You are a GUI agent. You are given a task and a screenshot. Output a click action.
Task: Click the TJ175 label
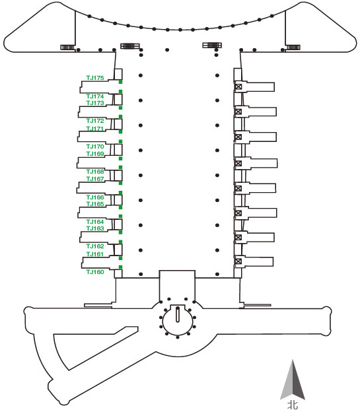[95, 78]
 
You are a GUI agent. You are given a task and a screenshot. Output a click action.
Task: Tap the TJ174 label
[95, 96]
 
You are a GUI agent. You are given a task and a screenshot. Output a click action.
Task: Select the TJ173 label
[95, 103]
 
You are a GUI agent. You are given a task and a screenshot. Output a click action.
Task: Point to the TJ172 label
[95, 121]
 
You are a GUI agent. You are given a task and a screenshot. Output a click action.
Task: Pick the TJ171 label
[95, 129]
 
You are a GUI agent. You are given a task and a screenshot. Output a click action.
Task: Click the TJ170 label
[95, 147]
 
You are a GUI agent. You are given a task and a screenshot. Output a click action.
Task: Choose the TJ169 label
[95, 154]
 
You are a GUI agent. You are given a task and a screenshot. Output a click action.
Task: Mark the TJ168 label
[95, 172]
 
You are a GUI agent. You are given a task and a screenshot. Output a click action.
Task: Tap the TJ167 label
[95, 179]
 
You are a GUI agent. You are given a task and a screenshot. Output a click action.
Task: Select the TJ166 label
[95, 197]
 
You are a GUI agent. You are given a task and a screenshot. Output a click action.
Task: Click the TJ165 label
[95, 204]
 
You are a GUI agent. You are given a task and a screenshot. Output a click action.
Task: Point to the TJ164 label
[95, 222]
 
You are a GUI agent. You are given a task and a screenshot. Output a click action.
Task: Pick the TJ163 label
[95, 228]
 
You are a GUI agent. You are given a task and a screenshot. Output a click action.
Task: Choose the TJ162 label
[95, 246]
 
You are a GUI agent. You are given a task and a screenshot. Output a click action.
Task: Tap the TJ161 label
[95, 254]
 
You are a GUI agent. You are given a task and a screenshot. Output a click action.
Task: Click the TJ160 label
[95, 272]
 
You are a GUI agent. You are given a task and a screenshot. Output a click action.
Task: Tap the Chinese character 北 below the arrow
[293, 405]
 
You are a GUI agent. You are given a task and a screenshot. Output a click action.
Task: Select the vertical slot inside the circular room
[178, 314]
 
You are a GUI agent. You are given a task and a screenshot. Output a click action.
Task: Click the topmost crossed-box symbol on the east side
[238, 86]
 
